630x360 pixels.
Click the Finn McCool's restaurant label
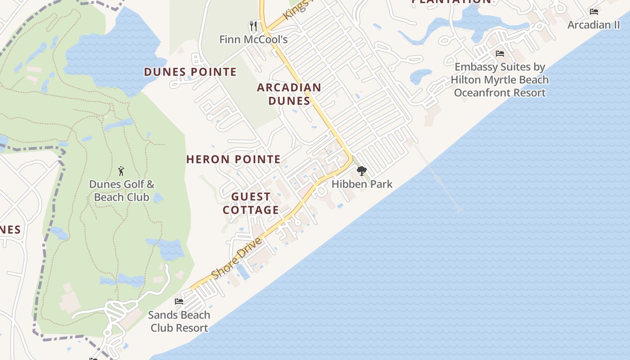pos(253,40)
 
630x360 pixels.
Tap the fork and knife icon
pos(253,26)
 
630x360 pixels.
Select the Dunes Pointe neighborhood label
pos(190,72)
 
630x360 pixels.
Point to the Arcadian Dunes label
pos(289,94)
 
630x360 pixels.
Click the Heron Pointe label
pos(233,159)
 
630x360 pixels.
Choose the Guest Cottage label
pos(251,203)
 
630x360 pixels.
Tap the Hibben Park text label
pos(362,184)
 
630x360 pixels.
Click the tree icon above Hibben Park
pos(361,171)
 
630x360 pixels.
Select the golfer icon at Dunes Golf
pos(121,171)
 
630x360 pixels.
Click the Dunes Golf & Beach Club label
pos(121,190)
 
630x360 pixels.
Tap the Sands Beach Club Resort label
pos(179,321)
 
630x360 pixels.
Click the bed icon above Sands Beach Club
pos(179,301)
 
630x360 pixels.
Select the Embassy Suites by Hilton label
pos(499,80)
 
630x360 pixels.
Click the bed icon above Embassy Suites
pos(499,54)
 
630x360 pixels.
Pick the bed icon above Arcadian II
pos(594,12)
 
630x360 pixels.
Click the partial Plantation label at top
pos(451,2)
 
